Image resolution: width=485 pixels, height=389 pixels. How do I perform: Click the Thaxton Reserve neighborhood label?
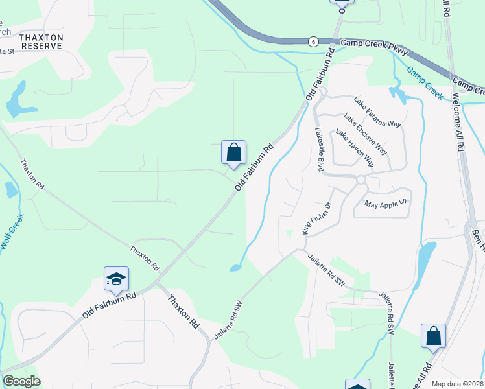[41, 41]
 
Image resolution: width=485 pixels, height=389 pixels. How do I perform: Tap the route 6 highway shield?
[313, 41]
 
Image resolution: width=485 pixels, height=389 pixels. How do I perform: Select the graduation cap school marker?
[116, 279]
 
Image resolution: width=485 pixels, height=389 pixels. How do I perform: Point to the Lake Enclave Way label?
[366, 134]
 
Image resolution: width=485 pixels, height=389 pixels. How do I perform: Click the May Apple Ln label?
[388, 204]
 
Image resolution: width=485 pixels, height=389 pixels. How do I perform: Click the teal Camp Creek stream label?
[425, 82]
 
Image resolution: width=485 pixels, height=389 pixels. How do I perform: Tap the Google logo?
[21, 381]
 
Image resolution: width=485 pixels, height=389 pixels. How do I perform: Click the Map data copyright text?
[458, 384]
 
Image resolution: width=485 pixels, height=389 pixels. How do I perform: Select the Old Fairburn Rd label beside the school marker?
[110, 305]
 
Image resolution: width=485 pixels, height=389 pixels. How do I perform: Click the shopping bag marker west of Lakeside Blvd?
[233, 152]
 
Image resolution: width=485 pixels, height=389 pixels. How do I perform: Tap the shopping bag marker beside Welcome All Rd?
[433, 336]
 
